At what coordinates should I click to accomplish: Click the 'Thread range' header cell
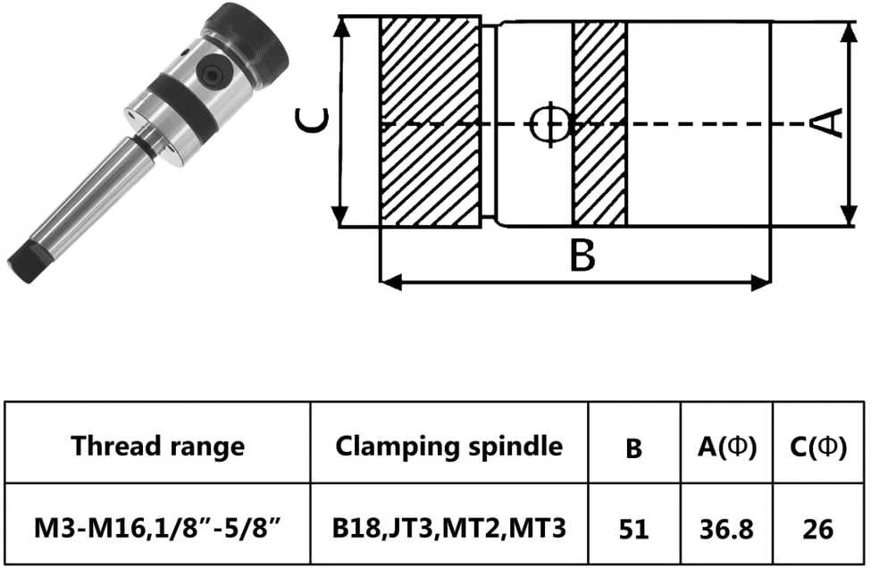pyautogui.click(x=158, y=446)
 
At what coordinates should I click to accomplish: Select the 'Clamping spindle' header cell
pyautogui.click(x=448, y=446)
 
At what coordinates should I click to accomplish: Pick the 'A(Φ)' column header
pyautogui.click(x=726, y=447)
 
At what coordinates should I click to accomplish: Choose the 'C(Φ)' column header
pyautogui.click(x=818, y=447)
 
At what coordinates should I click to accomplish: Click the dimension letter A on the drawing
pyautogui.click(x=831, y=122)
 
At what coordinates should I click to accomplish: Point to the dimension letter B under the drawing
pyautogui.click(x=582, y=255)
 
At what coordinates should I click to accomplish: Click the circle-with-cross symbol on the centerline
pyautogui.click(x=550, y=123)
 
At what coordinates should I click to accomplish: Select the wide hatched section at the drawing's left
pyautogui.click(x=430, y=121)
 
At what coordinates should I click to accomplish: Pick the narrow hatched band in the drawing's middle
pyautogui.click(x=599, y=123)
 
